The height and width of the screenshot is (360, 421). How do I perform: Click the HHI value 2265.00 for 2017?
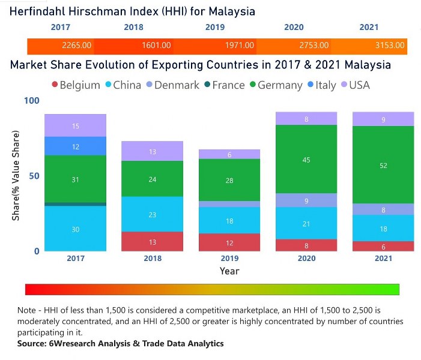tap(76, 46)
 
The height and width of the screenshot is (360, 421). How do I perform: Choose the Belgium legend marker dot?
tap(54, 85)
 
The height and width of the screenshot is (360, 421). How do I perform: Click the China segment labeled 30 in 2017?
tap(76, 229)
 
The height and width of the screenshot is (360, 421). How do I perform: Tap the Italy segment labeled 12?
tap(76, 146)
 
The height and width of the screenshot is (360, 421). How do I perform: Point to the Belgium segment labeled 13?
tap(153, 242)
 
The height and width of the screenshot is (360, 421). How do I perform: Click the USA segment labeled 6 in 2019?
tap(229, 154)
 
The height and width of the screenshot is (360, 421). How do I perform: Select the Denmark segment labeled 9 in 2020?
tap(306, 200)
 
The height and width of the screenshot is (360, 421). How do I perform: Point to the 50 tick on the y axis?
tap(35, 176)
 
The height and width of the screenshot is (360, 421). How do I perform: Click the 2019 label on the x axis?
tap(229, 259)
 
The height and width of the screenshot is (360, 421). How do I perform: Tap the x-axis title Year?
tap(229, 271)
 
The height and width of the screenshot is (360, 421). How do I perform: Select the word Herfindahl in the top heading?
tap(37, 11)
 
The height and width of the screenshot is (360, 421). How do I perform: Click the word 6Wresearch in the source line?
tap(65, 344)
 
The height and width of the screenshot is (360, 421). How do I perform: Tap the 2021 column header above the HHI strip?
tap(369, 27)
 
